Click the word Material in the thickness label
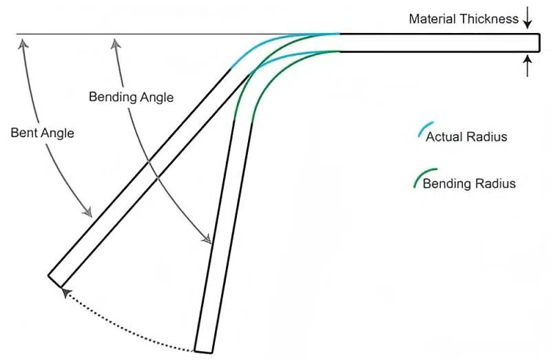[x=432, y=19]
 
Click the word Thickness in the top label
[x=488, y=19]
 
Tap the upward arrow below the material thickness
[x=527, y=66]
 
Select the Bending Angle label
[x=131, y=97]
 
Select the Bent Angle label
[x=42, y=133]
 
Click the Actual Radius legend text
[x=466, y=136]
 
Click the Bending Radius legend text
[x=469, y=183]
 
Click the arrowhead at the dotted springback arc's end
[x=65, y=293]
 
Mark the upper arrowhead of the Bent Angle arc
[x=23, y=43]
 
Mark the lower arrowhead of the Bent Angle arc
[x=87, y=212]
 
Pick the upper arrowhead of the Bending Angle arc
[x=115, y=43]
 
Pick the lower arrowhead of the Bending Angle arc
[x=207, y=239]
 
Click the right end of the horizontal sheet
[x=539, y=43]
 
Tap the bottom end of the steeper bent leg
[x=204, y=351]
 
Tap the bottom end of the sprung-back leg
[x=54, y=281]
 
